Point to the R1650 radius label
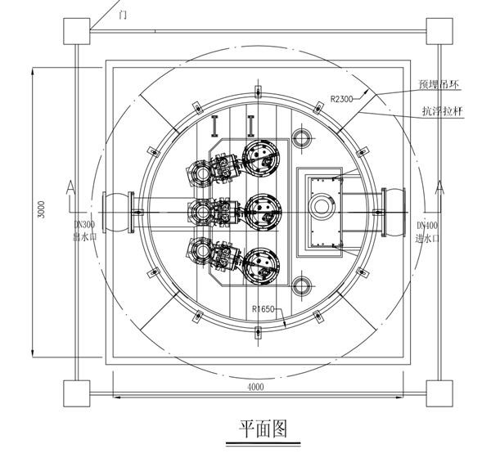pyautogui.click(x=266, y=309)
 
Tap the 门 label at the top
pyautogui.click(x=123, y=14)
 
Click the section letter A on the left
pyautogui.click(x=71, y=189)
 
